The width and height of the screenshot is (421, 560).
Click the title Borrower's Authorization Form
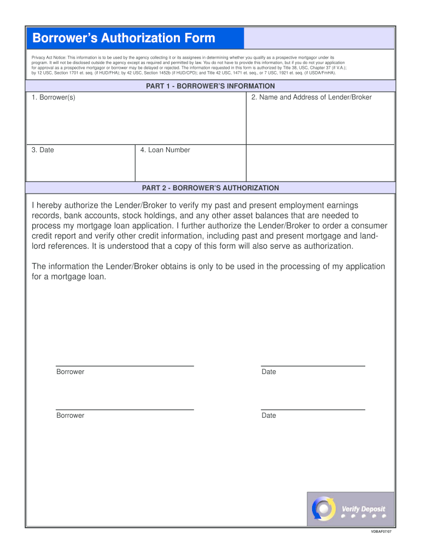124,38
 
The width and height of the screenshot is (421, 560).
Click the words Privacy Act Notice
49,57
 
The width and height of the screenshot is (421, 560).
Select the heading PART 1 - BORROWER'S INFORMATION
210,86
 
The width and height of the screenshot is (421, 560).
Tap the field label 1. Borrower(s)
54,97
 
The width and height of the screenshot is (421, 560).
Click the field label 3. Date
43,150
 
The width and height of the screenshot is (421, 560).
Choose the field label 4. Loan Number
165,150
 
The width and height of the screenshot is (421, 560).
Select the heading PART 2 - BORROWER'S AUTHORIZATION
210,188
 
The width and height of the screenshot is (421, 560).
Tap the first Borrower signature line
125,365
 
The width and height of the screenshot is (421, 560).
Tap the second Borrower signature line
125,409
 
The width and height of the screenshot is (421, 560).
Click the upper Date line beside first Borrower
313,365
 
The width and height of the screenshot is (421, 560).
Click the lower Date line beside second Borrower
313,409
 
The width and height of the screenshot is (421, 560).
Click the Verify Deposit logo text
363,509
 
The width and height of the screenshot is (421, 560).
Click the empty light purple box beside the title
319,38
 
